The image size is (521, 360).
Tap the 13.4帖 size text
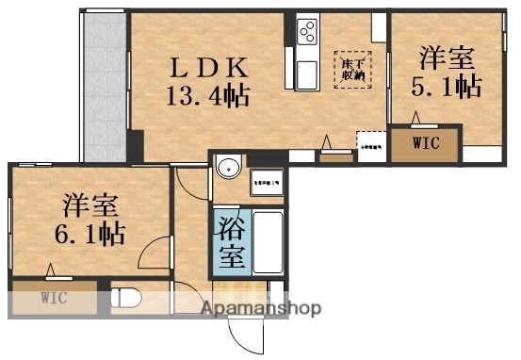(x=208, y=94)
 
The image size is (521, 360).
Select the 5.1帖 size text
(x=446, y=88)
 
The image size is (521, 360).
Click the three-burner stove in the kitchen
(x=308, y=34)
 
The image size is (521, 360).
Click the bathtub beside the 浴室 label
(x=268, y=241)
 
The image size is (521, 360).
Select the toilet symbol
(x=128, y=300)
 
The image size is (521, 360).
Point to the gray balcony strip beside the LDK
(x=104, y=85)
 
